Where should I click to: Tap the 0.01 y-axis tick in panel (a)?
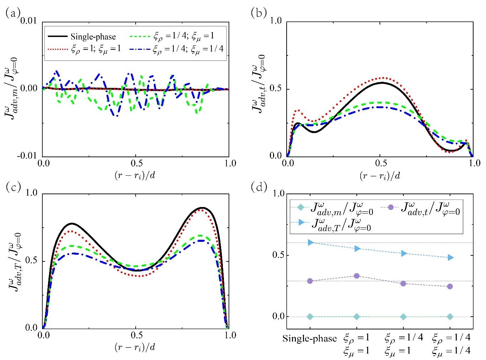pos(30,22)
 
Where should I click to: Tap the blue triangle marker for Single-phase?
pos(310,242)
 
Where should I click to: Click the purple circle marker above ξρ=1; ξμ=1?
pos(357,276)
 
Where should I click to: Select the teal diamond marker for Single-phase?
pos(310,317)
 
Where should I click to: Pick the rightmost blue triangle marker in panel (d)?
pos(450,257)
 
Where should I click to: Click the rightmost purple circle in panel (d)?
pos(450,286)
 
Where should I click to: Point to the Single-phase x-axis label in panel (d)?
pos(310,338)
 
